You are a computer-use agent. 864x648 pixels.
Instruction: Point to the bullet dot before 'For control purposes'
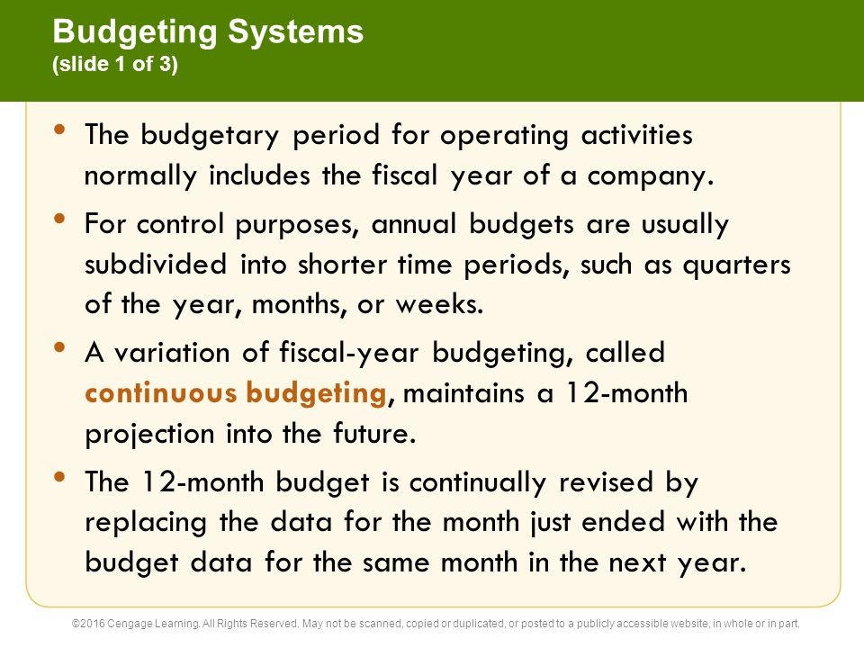point(60,217)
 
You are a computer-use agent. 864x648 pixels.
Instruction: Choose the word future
point(373,434)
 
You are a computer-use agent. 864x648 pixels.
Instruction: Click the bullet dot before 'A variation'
point(60,346)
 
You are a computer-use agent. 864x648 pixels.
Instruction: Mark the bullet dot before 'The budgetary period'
point(60,129)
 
